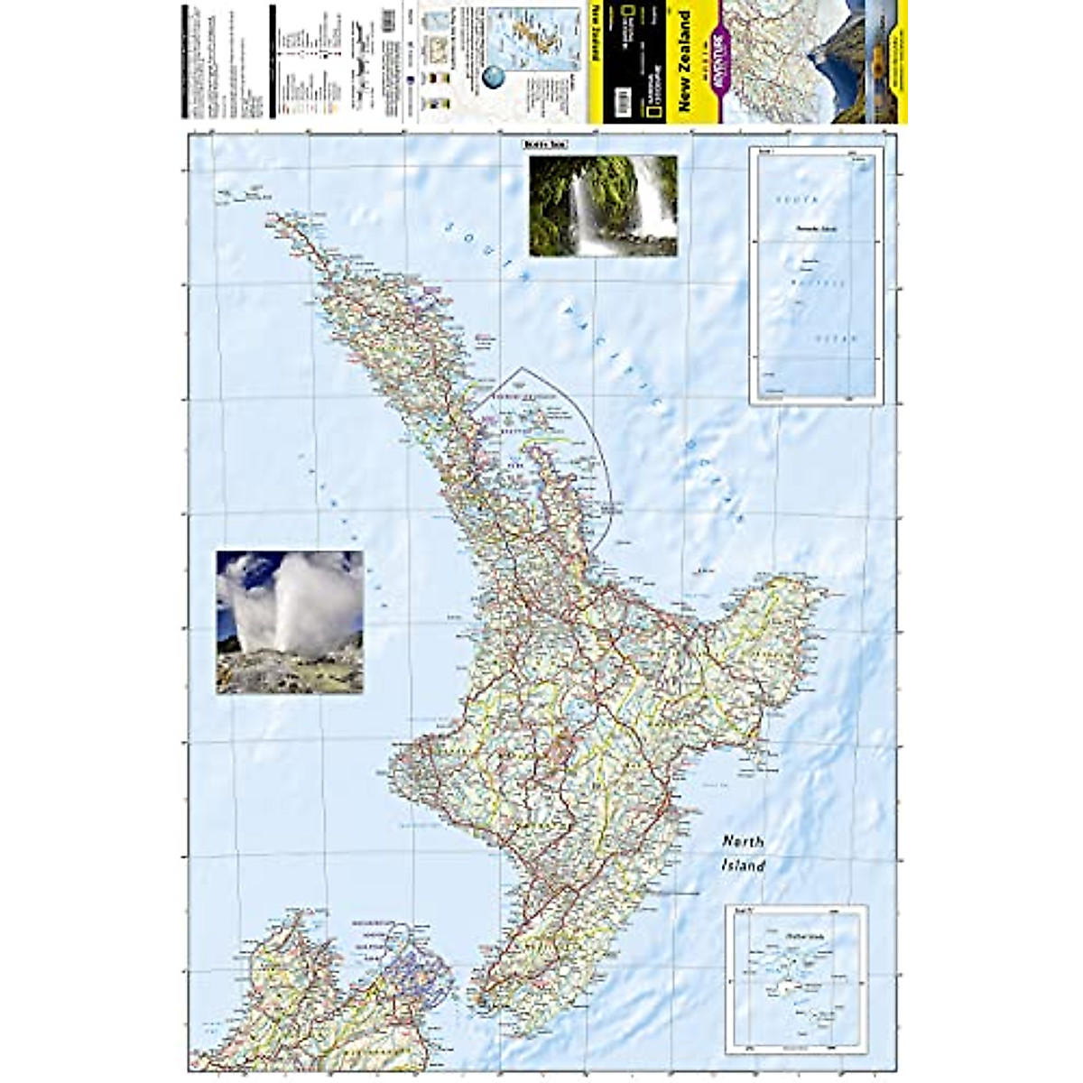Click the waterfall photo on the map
[603, 206]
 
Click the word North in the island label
[743, 842]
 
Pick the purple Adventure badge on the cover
[718, 54]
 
